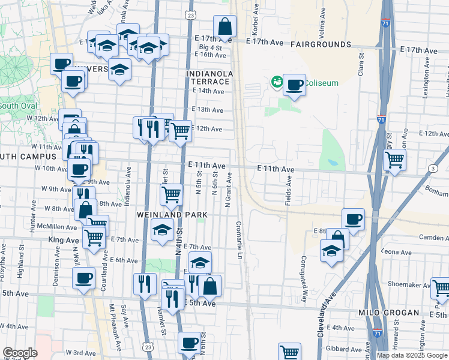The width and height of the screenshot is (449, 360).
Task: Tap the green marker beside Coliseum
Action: pyautogui.click(x=277, y=82)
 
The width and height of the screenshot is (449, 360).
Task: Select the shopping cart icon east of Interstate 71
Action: pyautogui.click(x=394, y=160)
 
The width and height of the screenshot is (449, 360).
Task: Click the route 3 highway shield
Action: pyautogui.click(x=433, y=169)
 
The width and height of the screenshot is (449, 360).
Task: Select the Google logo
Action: pyautogui.click(x=20, y=353)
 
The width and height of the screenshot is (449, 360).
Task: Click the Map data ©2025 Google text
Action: pyautogui.click(x=412, y=355)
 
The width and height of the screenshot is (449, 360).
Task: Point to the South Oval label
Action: pyautogui.click(x=18, y=106)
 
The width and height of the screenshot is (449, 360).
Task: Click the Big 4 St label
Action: pyautogui.click(x=211, y=46)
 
